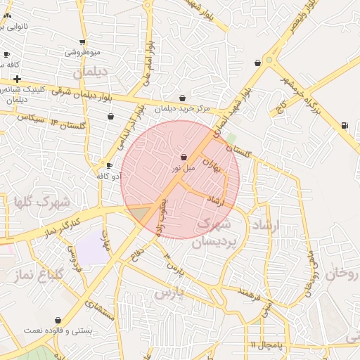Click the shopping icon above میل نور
pos(184,157)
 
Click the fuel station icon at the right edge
pos(344,125)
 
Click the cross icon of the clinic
pos(17,79)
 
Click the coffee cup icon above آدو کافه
pos(109,165)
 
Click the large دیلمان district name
pos(88,72)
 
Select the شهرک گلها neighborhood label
pos(42,202)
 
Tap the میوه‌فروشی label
pos(83,52)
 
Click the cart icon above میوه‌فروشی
pos(83,42)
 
